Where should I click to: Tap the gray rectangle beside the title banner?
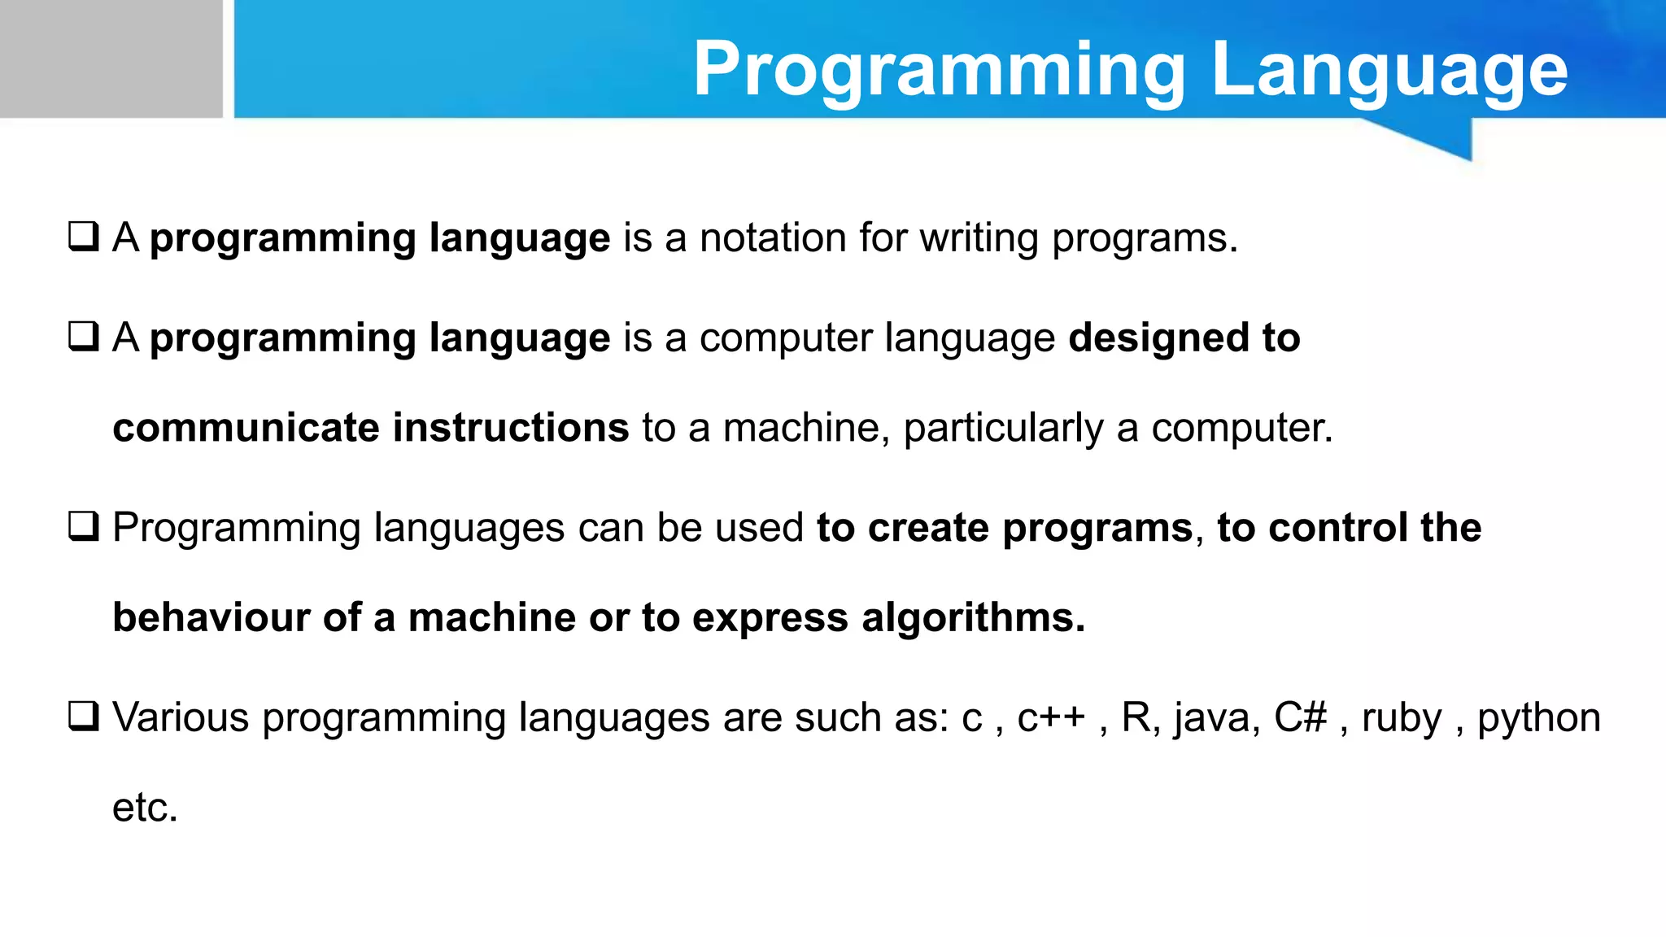[111, 59]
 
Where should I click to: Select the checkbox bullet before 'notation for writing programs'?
[84, 237]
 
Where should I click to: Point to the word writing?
[979, 238]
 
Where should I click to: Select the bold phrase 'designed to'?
[1184, 338]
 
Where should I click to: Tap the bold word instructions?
[511, 428]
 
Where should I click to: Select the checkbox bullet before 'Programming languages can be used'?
[84, 527]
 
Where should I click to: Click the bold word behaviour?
[211, 617]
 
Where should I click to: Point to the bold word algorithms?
[973, 617]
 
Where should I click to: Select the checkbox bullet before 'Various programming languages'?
[84, 717]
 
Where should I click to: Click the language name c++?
[1051, 718]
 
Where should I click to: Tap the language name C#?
[1300, 717]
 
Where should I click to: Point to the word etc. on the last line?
[145, 808]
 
